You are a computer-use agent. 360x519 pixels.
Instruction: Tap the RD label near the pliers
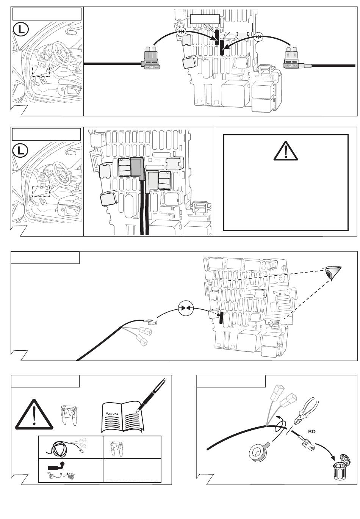pos(311,431)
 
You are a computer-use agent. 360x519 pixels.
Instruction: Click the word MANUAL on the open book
pos(112,413)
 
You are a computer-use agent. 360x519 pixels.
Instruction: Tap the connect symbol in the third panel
pos(186,308)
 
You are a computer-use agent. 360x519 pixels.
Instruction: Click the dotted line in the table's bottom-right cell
pos(133,480)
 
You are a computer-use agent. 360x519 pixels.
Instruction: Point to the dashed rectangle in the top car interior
pos(41,71)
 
